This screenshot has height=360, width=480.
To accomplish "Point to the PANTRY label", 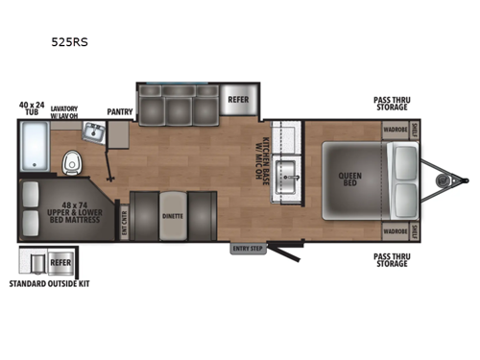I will [x=120, y=111].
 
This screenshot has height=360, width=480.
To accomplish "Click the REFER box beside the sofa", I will [x=238, y=99].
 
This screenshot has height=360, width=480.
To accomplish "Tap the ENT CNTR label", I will [x=122, y=220].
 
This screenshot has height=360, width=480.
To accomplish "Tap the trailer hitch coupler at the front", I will [x=464, y=179].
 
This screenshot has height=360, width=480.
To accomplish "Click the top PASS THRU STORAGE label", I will [x=396, y=104].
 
